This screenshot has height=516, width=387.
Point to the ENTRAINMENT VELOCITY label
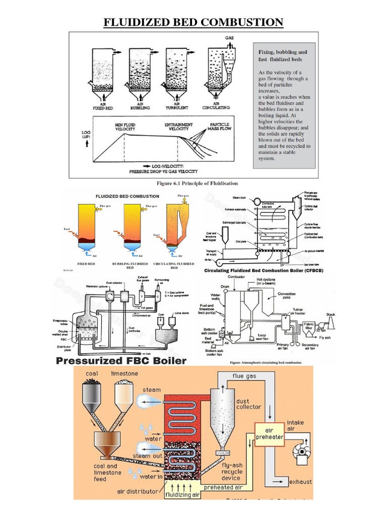pyautogui.click(x=179, y=127)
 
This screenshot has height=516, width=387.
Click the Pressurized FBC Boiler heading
pyautogui.click(x=121, y=361)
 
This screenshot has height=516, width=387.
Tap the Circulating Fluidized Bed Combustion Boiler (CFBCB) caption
pyautogui.click(x=263, y=271)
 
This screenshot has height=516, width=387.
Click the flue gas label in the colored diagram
pyautogui.click(x=244, y=375)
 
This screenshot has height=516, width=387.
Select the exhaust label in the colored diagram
pyautogui.click(x=300, y=482)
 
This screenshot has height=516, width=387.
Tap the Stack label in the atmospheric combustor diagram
pyautogui.click(x=330, y=314)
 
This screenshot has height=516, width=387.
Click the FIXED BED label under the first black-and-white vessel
pyautogui.click(x=102, y=107)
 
